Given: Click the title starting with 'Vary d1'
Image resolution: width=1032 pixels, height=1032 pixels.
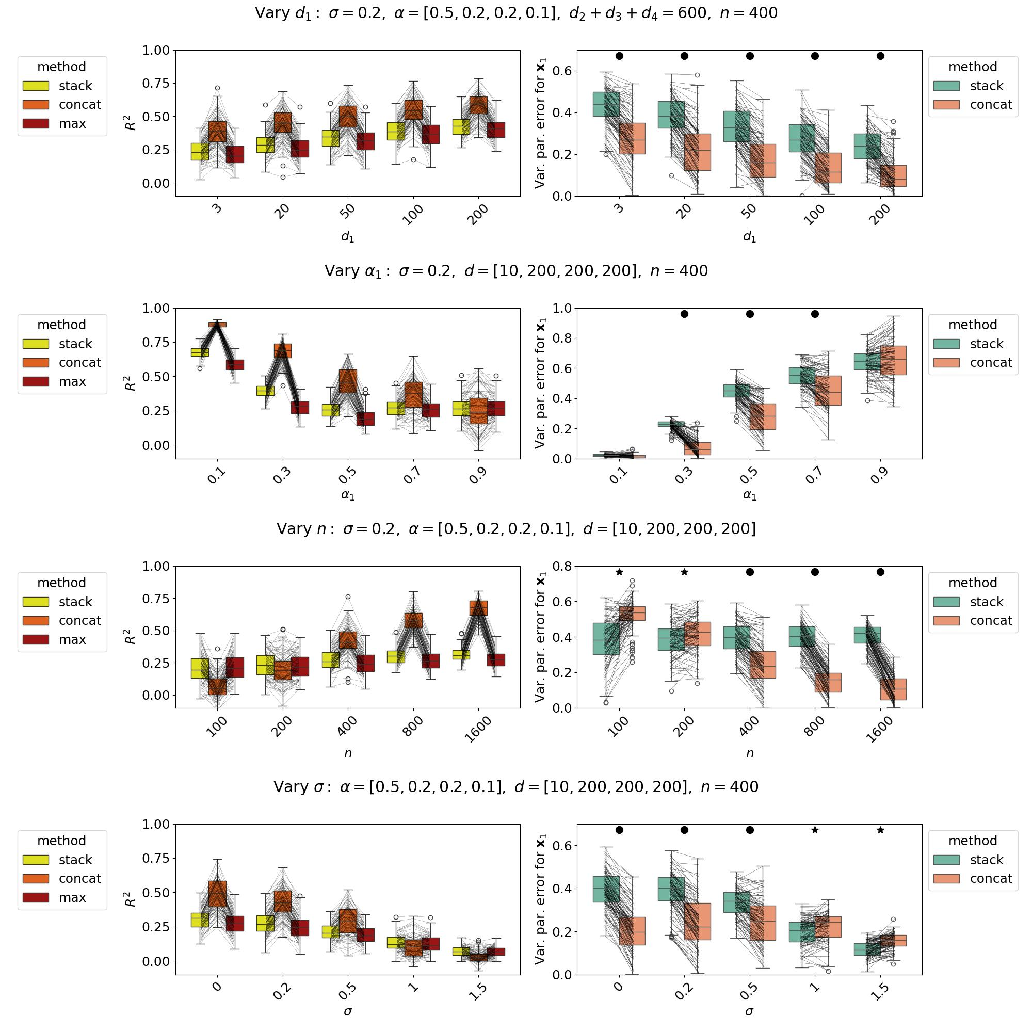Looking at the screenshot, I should pos(516,13).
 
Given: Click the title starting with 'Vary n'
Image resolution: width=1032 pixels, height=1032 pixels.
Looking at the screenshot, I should pos(516,529).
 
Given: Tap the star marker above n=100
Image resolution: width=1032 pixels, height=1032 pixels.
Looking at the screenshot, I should pos(619,572).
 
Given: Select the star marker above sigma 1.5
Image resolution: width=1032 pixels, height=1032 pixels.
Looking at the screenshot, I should pos(880,830).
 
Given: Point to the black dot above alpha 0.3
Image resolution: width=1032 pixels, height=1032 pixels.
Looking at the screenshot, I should pos(684,314).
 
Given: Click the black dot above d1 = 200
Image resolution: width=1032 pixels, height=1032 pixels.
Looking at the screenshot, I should pos(880,56).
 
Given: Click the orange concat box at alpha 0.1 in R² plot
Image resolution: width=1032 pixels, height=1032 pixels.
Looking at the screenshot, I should pos(217,324).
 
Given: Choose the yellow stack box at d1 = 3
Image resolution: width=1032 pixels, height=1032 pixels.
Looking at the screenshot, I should pos(200,152).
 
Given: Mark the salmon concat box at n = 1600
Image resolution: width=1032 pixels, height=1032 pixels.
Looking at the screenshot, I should pos(893,689).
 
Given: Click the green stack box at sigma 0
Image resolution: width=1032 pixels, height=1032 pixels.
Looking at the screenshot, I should pos(606,890).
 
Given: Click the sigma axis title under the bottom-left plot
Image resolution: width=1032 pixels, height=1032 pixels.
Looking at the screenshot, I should pos(348,1011).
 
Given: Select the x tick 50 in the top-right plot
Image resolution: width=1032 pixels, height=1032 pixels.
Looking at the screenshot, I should pos(749,210).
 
